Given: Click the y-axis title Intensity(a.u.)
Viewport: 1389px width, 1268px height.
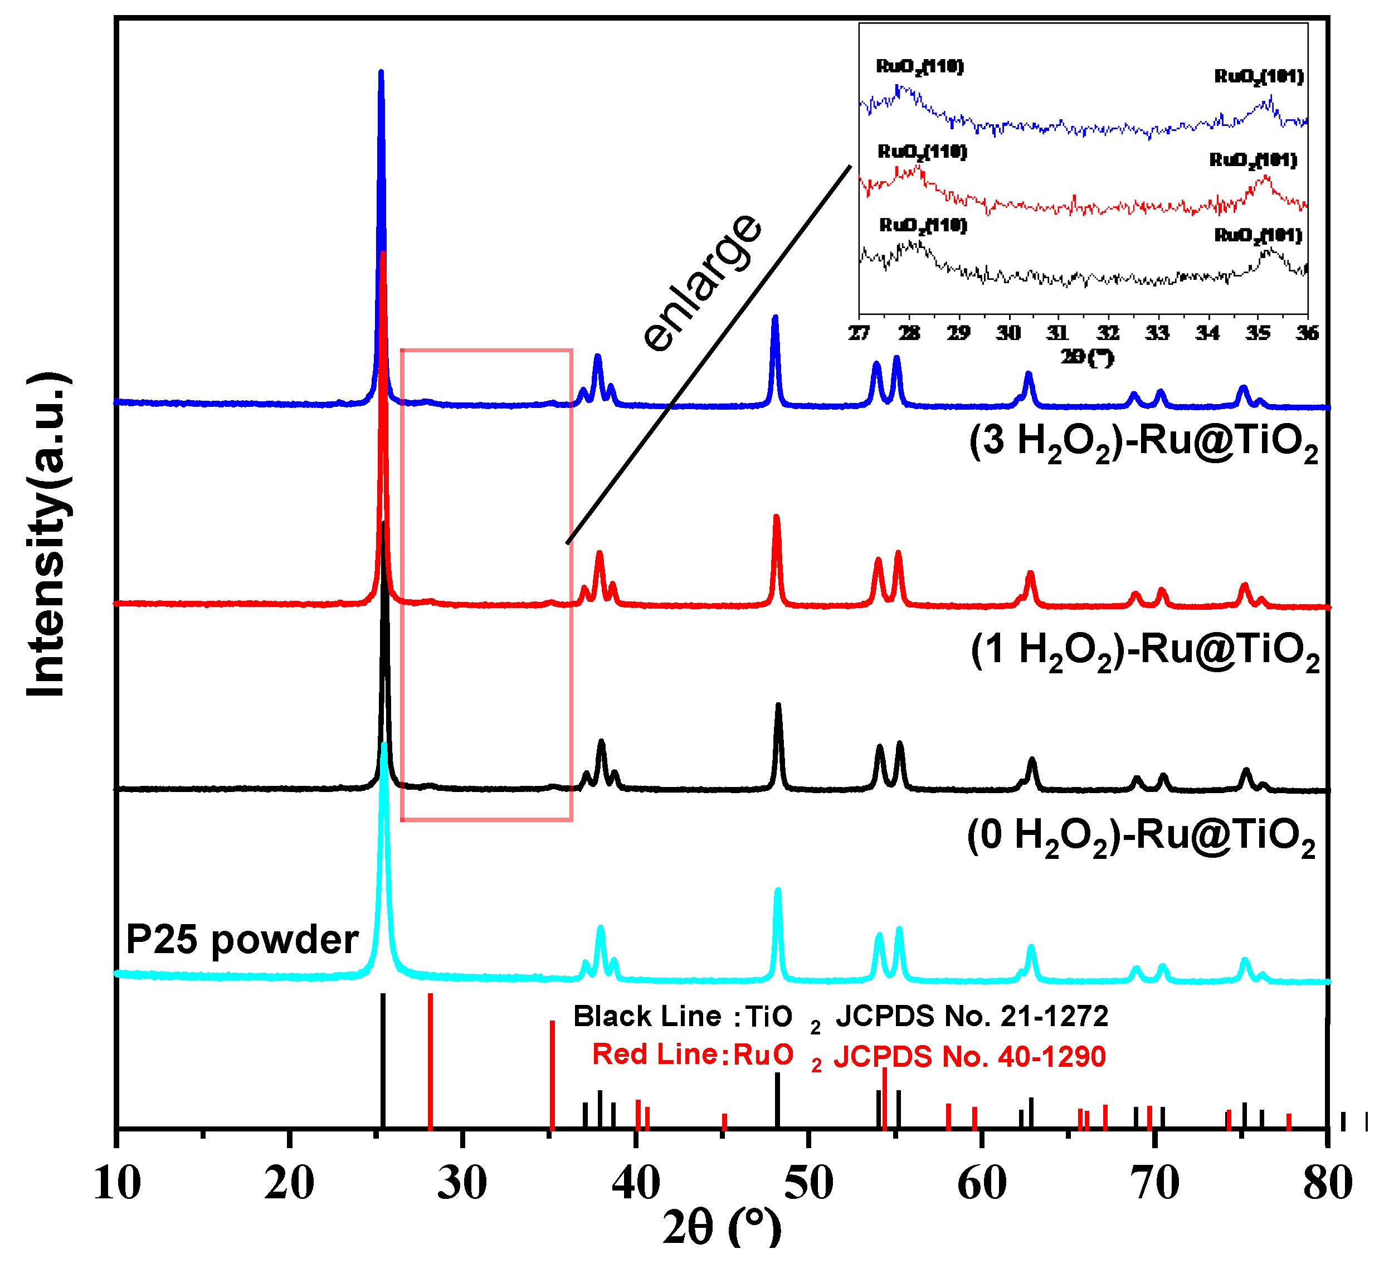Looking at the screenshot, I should [47, 534].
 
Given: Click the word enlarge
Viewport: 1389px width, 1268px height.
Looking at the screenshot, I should [703, 283].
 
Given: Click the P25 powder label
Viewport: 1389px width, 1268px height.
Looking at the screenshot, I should [242, 940].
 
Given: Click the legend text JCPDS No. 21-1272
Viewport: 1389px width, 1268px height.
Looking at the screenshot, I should [972, 1017].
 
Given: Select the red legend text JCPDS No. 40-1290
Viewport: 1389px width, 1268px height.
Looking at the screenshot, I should [969, 1056].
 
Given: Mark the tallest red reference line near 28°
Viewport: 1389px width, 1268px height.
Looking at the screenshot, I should [430, 1061].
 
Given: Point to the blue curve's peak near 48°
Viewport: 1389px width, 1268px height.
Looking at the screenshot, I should [775, 319].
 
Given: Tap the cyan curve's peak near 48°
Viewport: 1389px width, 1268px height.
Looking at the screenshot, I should [778, 892].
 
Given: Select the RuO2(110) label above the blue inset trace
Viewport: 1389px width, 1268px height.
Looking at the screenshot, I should [919, 66].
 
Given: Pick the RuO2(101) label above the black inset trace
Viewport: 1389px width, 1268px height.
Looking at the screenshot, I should [1258, 236].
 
